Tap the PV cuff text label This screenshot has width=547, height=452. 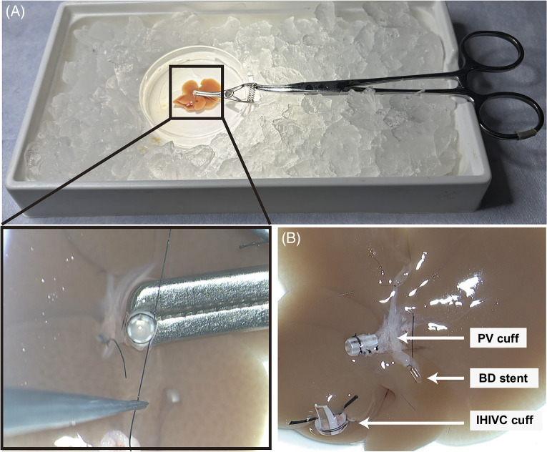pyautogui.click(x=498, y=338)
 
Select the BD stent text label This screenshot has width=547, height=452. pyautogui.click(x=503, y=378)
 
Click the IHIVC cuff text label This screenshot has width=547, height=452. pyautogui.click(x=504, y=419)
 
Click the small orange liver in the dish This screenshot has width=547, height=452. pyautogui.click(x=197, y=94)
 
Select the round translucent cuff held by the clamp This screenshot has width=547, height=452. pyautogui.click(x=141, y=328)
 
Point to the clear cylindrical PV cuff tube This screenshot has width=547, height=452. pyautogui.click(x=360, y=344)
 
